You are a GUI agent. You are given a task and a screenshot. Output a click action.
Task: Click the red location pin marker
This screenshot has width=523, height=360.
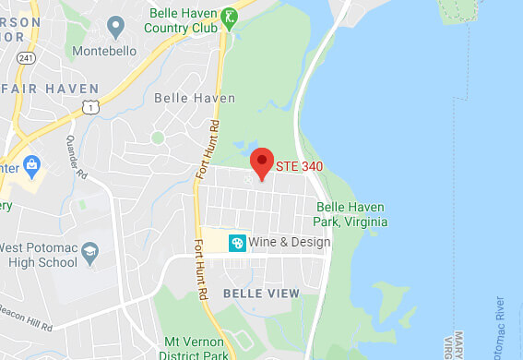(262, 162)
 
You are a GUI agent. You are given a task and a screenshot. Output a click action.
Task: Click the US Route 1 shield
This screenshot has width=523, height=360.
(89, 108)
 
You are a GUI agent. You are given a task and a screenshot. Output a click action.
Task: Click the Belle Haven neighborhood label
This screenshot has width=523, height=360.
(195, 98)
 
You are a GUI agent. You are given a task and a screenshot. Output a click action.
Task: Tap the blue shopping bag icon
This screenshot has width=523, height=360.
(33, 167)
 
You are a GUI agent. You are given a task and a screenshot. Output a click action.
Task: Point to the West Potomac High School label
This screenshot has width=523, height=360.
(39, 256)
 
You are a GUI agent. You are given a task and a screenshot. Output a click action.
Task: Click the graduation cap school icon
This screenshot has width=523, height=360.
(89, 251)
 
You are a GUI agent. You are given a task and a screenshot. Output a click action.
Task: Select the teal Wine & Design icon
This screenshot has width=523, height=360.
(237, 242)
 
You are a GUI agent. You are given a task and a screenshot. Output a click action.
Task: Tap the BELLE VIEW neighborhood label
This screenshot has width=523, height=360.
(261, 293)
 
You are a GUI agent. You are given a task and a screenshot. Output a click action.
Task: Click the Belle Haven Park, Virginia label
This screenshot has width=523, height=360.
(351, 215)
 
